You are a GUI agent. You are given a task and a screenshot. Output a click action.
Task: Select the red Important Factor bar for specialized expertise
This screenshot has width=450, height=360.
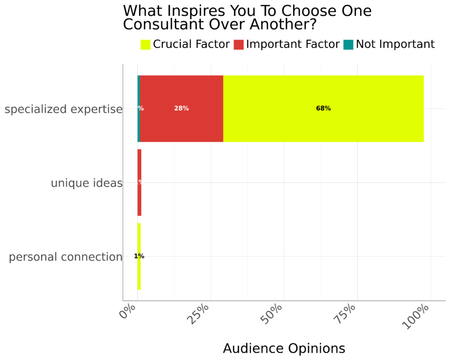point(181,125)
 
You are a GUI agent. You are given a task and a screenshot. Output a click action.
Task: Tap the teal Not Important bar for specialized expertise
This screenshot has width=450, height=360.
point(138,127)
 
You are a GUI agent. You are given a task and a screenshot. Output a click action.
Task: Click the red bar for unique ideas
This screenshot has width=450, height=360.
point(139,198)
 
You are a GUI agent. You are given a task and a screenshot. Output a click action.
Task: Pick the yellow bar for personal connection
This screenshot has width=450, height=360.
point(139,273)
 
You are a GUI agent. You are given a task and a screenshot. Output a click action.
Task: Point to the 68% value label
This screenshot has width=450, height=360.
point(323,109)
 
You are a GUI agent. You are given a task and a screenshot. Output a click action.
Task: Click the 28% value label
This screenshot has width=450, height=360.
point(181,109)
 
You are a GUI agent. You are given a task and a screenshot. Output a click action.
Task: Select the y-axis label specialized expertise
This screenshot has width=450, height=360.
point(63,109)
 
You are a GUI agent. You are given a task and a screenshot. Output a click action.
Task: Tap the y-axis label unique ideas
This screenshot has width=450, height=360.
point(87,183)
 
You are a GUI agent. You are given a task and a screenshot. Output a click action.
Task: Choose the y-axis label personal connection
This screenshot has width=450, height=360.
point(65,257)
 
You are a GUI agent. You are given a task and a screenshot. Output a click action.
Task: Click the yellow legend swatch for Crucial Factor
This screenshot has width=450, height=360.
point(145,44)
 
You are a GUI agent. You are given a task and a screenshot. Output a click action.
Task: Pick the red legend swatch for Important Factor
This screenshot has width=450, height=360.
point(239,44)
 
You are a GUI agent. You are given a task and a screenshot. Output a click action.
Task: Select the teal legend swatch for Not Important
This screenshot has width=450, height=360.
point(348,44)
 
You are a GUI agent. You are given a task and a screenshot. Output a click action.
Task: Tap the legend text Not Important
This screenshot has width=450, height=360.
point(395,44)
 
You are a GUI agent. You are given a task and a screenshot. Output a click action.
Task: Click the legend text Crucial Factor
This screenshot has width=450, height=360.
point(191,44)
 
